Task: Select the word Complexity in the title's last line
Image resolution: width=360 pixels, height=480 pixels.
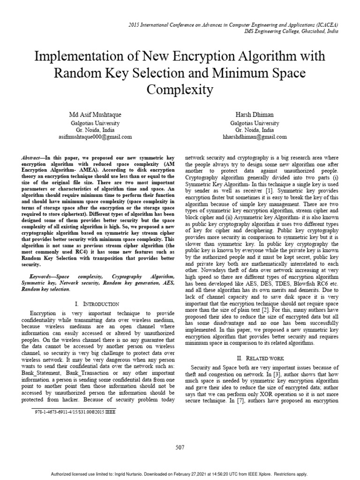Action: pyautogui.click(x=180, y=89)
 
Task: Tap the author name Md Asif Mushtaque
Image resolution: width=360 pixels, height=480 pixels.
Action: pyautogui.click(x=101, y=115)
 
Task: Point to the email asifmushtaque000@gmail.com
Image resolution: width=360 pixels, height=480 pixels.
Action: pyautogui.click(x=101, y=137)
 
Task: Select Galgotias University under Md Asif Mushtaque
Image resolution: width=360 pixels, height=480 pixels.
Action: pyautogui.click(x=101, y=123)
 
